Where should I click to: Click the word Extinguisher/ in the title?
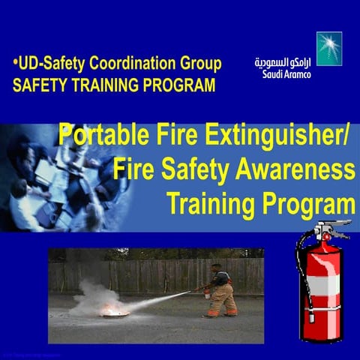(272, 137)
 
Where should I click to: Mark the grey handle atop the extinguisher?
(330, 227)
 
